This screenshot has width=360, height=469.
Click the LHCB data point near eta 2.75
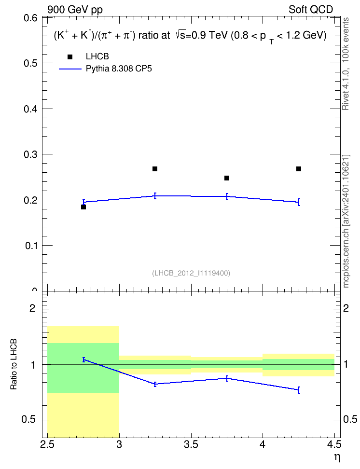coord(83,207)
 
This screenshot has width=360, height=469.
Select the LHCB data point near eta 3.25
coord(155,169)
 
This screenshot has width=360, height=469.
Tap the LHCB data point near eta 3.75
coord(227,178)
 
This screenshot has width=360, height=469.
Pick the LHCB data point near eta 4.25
coord(299,169)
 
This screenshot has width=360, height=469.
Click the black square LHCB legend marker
coord(70,57)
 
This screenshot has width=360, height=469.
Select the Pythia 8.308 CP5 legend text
coord(119,69)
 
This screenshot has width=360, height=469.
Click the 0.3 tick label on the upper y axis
coord(30,154)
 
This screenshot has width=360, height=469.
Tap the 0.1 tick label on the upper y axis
coord(31,246)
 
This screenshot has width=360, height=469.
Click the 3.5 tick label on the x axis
coord(191,444)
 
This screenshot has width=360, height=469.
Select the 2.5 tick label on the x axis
coord(47,444)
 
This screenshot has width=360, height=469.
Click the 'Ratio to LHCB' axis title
coord(14,364)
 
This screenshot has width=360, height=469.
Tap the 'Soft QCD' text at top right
coord(311,10)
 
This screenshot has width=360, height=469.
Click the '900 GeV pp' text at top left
coord(75,10)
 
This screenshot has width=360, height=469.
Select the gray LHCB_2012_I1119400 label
coord(191,273)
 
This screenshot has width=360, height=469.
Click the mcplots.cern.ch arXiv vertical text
coord(346,221)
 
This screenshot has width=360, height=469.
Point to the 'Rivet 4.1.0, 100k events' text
coord(346,64)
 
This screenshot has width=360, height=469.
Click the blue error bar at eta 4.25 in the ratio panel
coord(299,390)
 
